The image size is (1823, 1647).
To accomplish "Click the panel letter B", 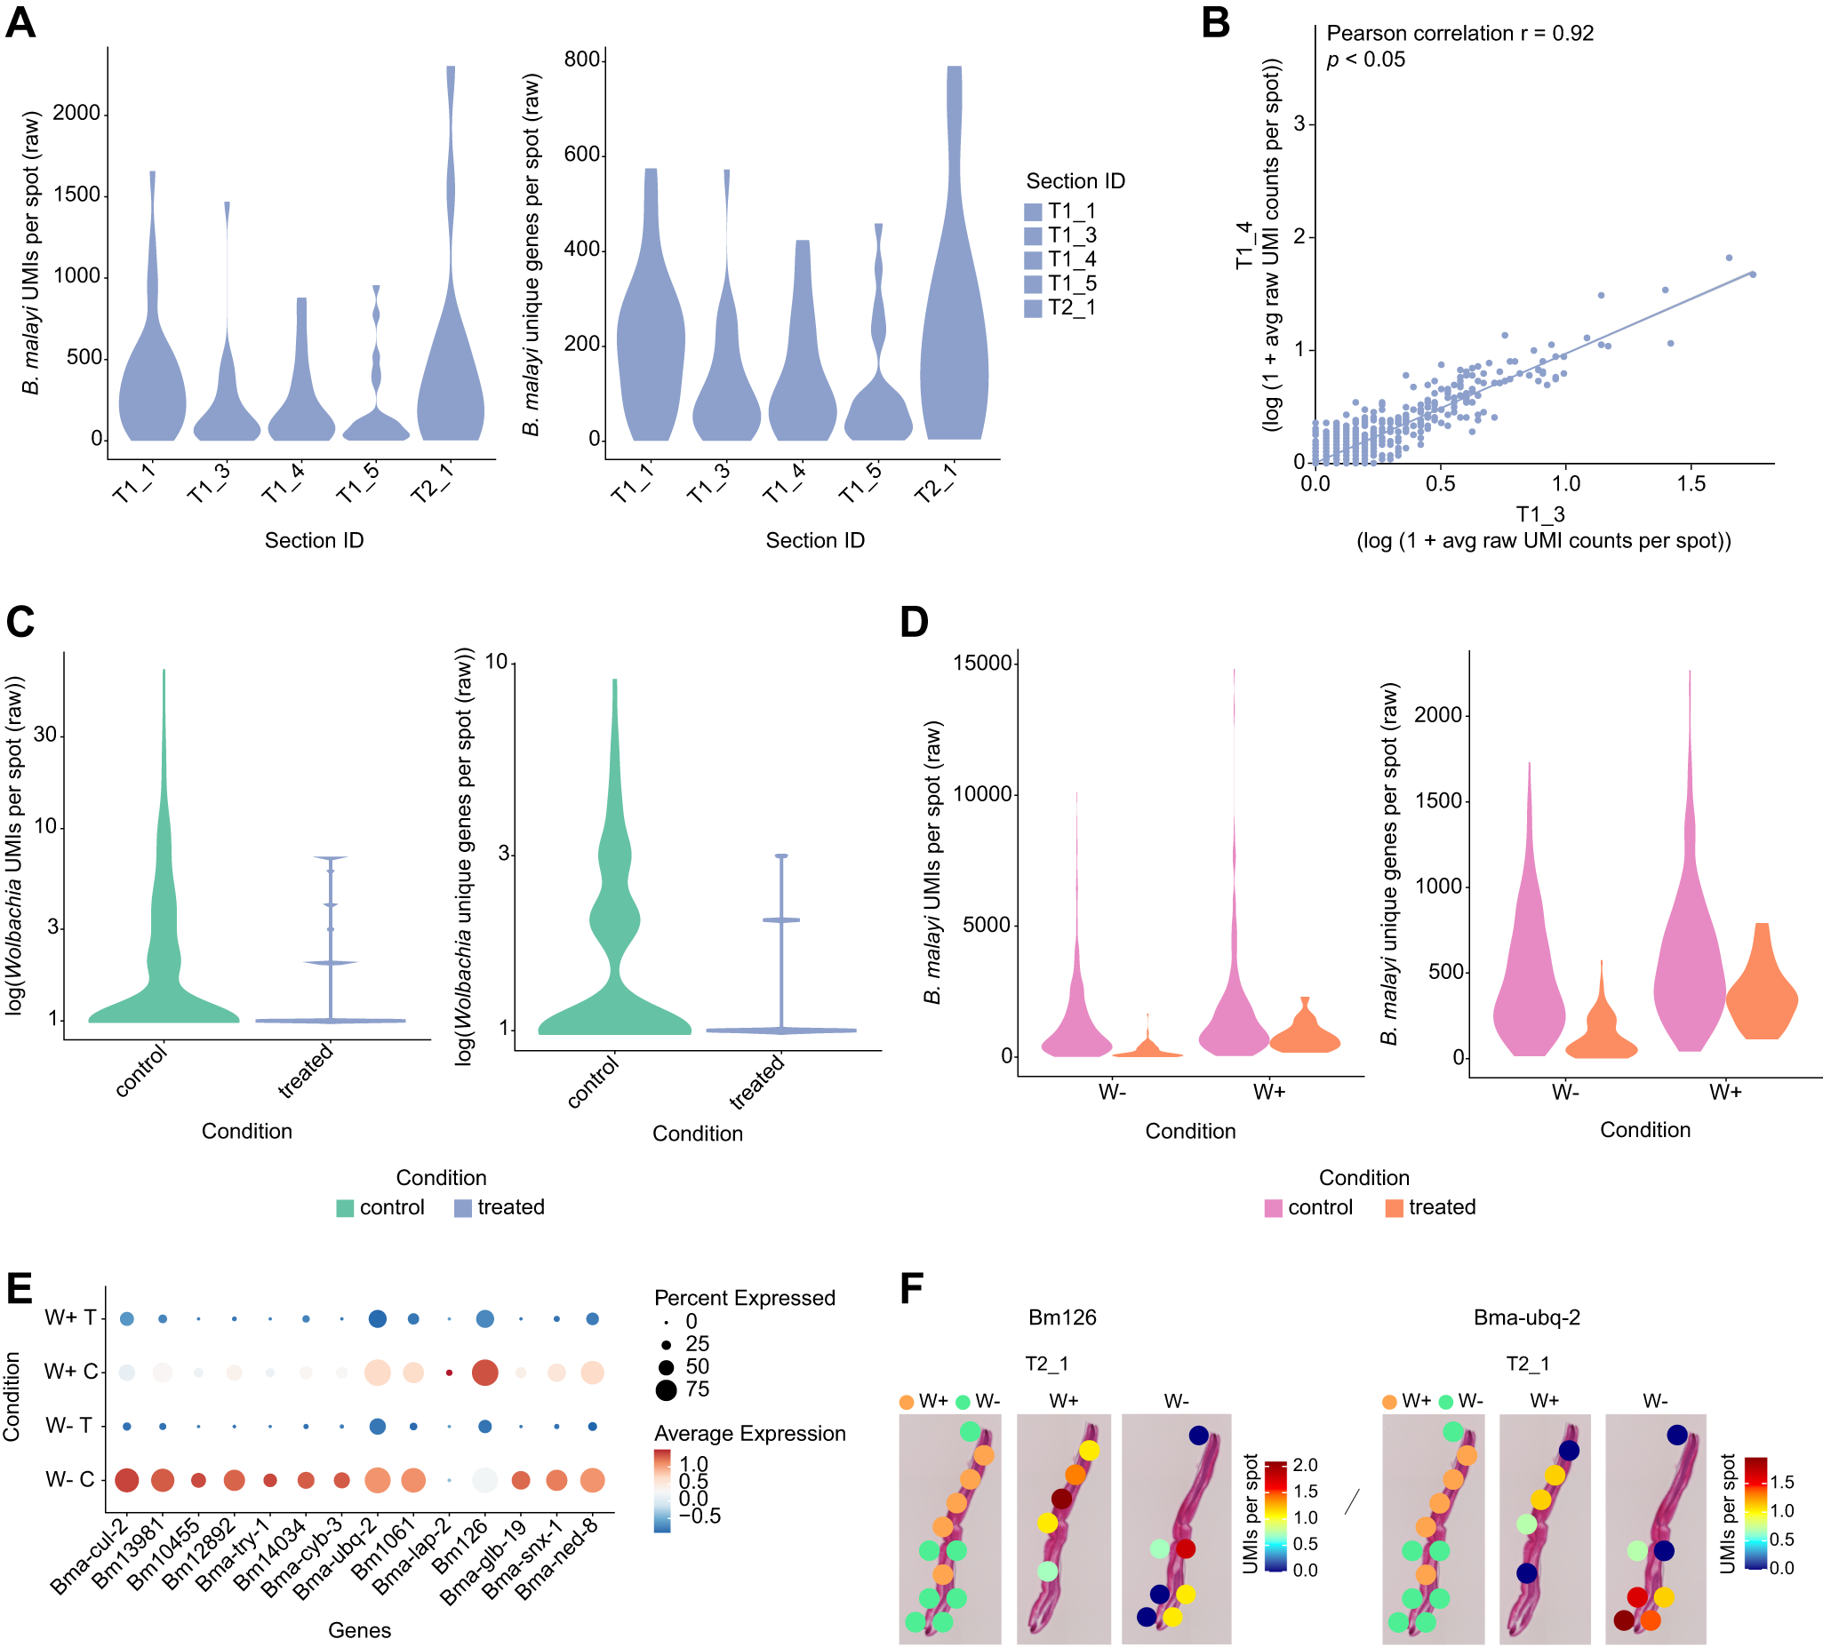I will pos(1215,21).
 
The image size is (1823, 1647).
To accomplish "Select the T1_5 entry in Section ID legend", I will pos(1071,284).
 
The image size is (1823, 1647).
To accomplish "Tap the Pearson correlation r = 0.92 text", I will pos(1459,34).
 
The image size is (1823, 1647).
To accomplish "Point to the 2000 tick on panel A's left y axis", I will pos(76,113).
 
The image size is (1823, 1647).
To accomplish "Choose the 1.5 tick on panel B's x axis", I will pos(1691,483).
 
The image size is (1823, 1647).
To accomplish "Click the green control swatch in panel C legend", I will pos(345,1207).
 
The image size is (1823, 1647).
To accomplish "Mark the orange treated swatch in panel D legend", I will pos(1394,1207).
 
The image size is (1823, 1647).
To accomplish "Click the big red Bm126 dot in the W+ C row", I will pos(484,1372).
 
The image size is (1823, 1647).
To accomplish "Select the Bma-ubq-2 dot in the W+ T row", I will pos(377,1319).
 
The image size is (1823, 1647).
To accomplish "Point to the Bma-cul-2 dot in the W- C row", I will pos(126,1480).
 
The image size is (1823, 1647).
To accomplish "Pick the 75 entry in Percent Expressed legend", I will pos(696,1389).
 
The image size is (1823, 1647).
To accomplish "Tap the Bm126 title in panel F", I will pos(1061,1317).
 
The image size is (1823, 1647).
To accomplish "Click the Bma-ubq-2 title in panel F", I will pos(1526,1317).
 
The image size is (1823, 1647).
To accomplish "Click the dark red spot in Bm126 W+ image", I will pos(1061,1499).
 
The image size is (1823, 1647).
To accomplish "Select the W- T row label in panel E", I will pos(68,1426).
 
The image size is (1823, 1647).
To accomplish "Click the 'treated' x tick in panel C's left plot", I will pos(307,1071).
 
